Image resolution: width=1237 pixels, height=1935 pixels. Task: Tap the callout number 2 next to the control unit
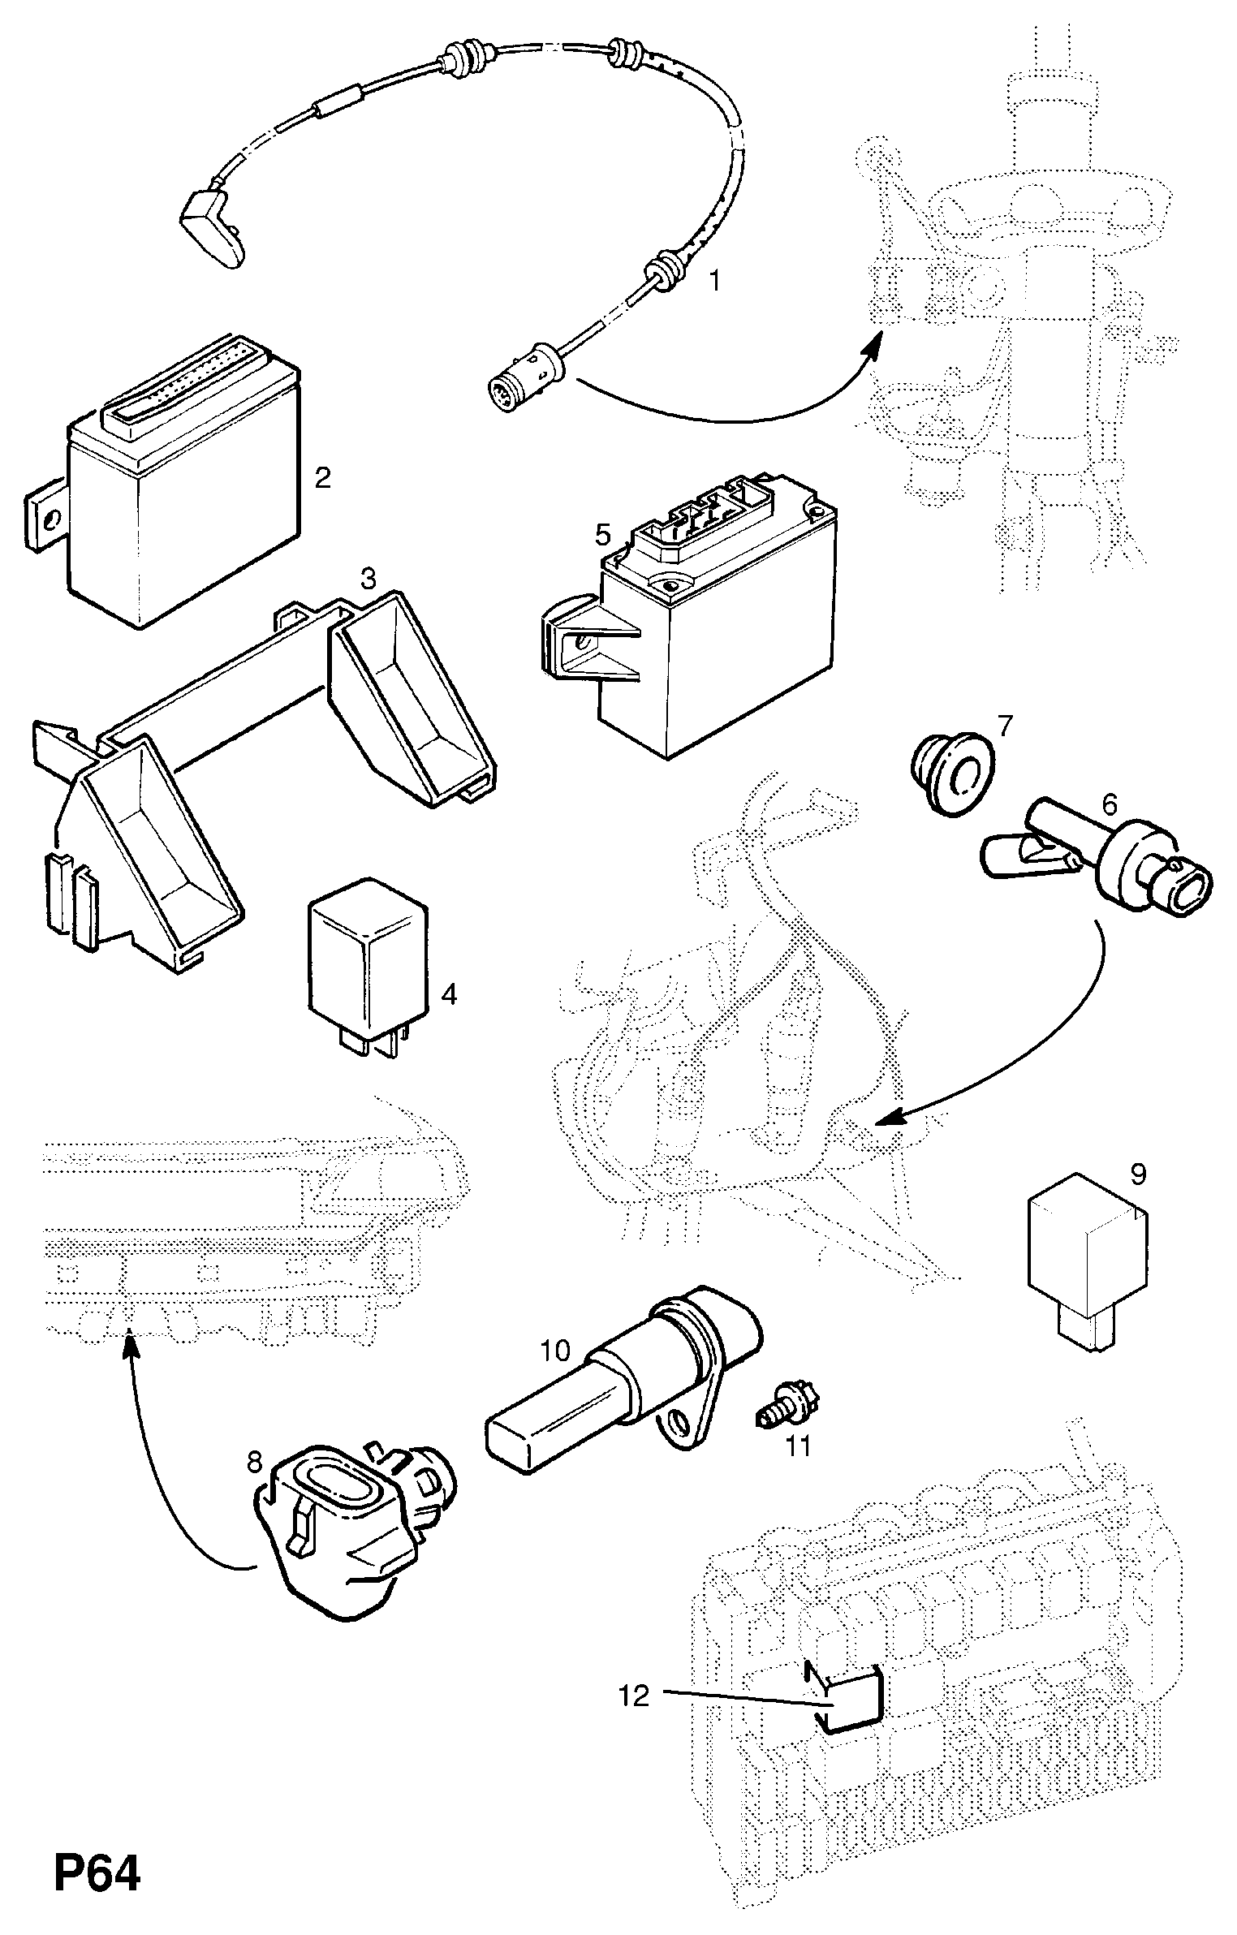click(x=322, y=478)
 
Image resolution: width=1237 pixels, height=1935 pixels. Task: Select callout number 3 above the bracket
click(x=368, y=579)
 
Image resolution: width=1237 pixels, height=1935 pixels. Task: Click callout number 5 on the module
click(x=601, y=534)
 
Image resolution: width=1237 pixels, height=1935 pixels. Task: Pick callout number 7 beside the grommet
click(x=1005, y=726)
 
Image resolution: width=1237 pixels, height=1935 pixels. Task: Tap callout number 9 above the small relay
click(x=1138, y=1174)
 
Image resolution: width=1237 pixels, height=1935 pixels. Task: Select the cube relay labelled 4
click(x=366, y=966)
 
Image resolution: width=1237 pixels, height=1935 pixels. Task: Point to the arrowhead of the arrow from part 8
click(x=130, y=1344)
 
